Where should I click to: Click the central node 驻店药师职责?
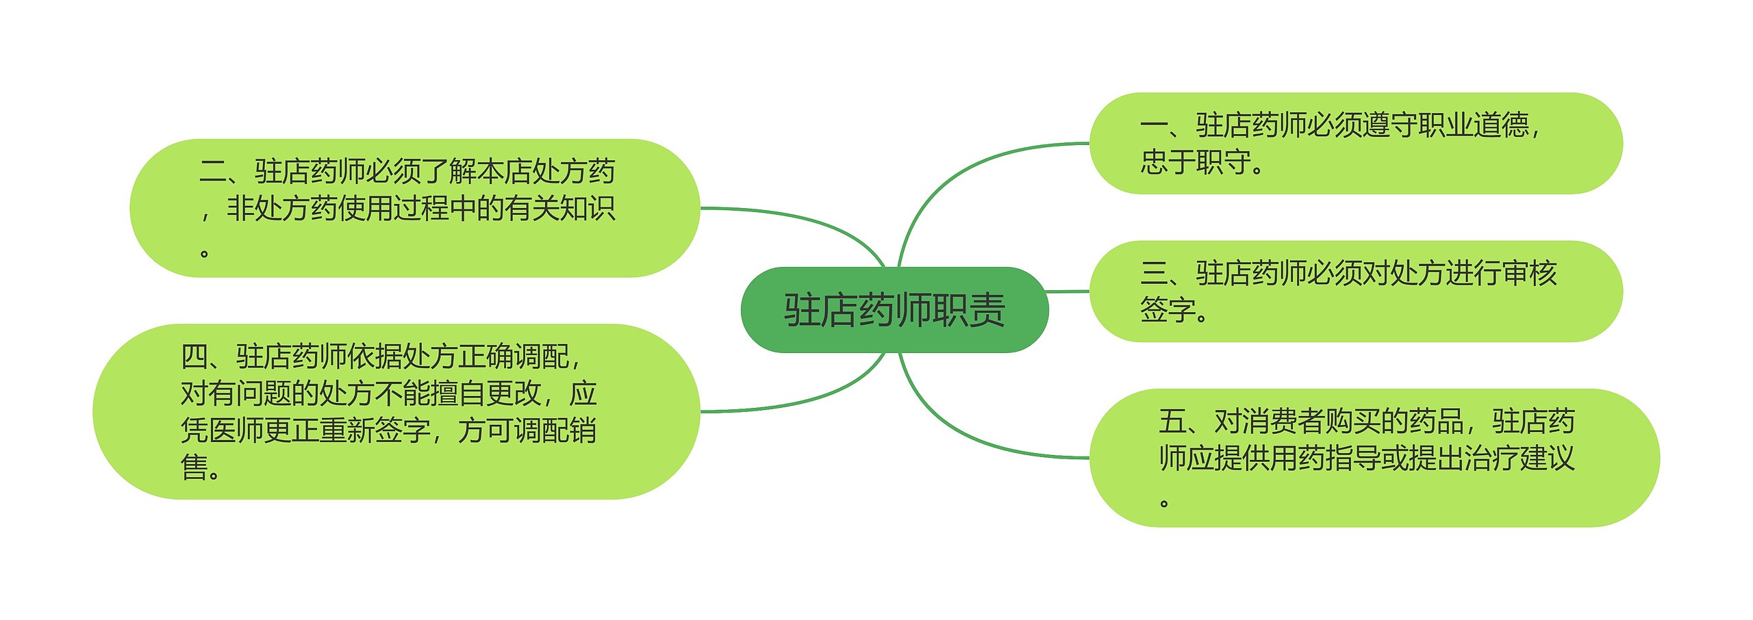point(894,310)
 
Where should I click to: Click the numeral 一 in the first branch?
point(1154,125)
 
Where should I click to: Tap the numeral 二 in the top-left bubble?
point(213,171)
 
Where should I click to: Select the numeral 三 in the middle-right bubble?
point(1154,273)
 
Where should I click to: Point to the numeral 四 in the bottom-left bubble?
point(194,357)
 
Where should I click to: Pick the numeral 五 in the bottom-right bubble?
point(1172,422)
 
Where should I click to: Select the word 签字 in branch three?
point(1168,310)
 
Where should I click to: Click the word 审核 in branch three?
point(1530,273)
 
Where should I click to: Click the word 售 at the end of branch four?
point(194,467)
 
